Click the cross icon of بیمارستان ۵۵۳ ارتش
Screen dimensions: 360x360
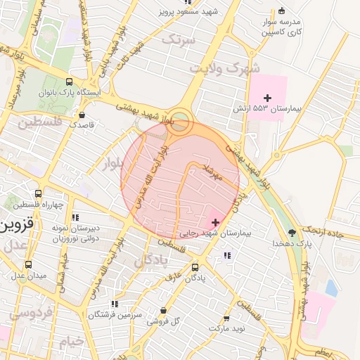[x=266, y=97]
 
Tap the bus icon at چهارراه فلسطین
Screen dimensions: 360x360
[x=38, y=193]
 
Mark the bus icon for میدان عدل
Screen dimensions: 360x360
[x=28, y=264]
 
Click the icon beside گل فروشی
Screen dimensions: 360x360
[x=163, y=310]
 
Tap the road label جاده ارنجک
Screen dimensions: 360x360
[x=330, y=233]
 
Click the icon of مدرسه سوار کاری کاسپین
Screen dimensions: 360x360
[x=281, y=11]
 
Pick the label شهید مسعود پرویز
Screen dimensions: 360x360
[x=188, y=12]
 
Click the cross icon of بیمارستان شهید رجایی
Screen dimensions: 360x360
[x=215, y=222]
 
